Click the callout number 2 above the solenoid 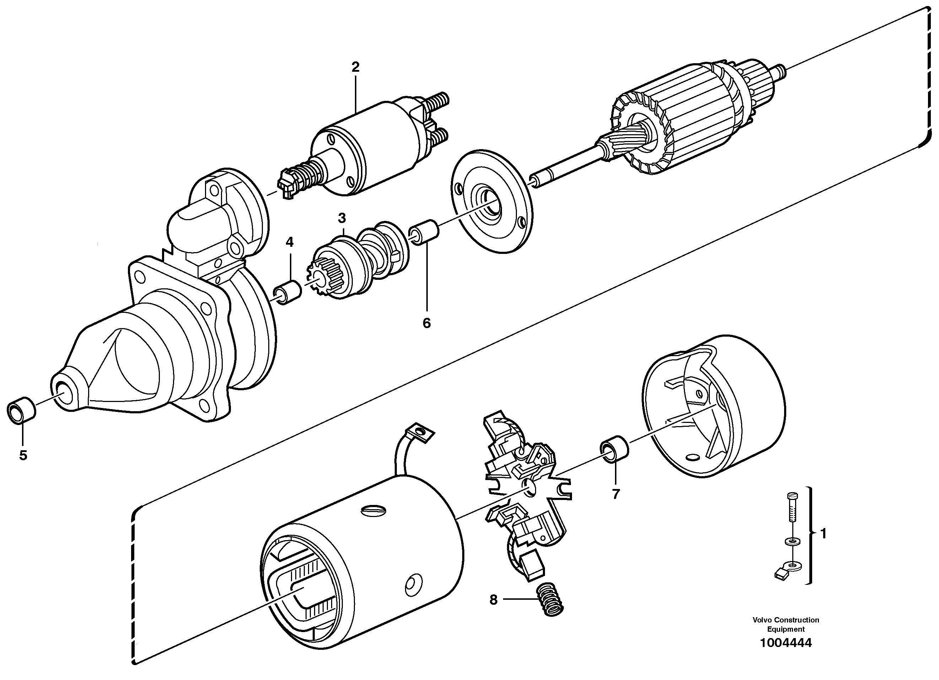[355, 67]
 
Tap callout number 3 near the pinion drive [341, 218]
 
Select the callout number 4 [290, 242]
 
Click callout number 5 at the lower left [23, 455]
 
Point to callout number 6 [426, 323]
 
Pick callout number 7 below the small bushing [616, 494]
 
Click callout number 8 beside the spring [493, 600]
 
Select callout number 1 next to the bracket [823, 534]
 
